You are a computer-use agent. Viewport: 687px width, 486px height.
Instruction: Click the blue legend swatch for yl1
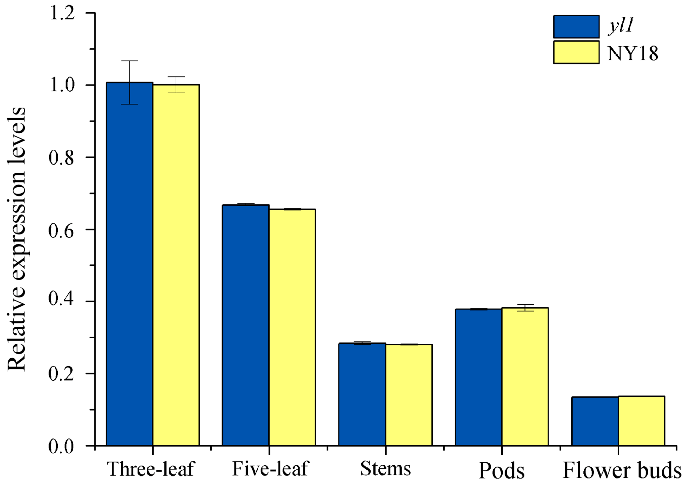(x=576, y=27)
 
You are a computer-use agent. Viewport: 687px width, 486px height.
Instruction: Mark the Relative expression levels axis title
(x=16, y=239)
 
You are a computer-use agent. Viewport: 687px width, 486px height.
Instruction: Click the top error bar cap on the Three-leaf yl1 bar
(x=129, y=61)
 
